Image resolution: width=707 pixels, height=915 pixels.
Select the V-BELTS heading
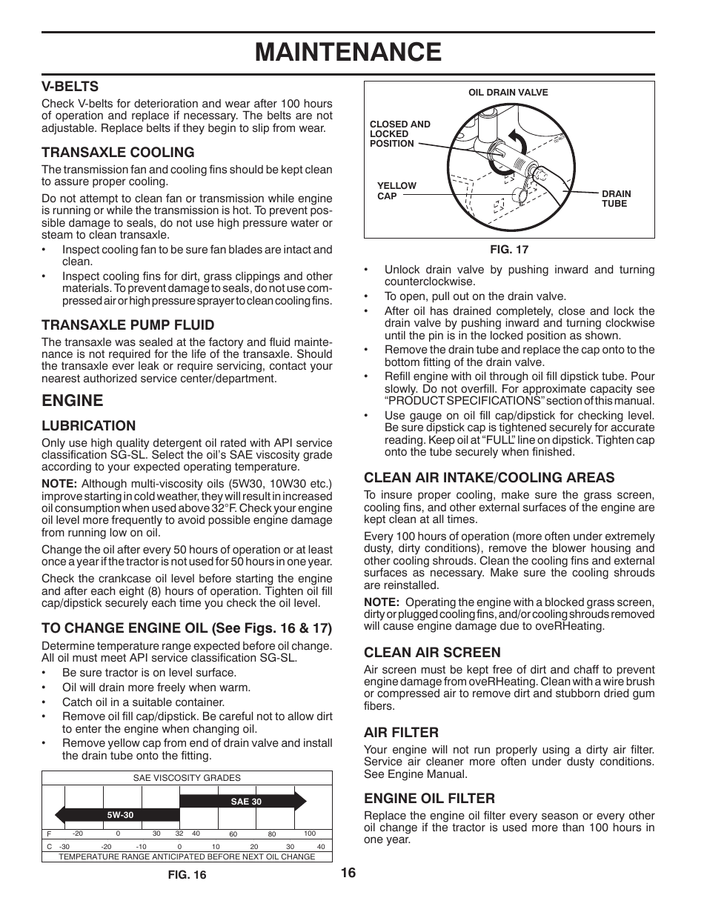tap(70, 87)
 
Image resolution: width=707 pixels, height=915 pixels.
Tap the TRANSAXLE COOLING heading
tap(117, 153)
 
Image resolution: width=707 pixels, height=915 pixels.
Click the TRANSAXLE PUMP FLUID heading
tap(127, 325)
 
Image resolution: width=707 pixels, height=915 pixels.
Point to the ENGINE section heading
tap(72, 401)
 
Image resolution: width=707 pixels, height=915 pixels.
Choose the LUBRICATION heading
tap(88, 426)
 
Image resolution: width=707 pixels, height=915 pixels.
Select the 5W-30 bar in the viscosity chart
tap(121, 815)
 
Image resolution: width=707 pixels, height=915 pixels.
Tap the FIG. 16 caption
tap(187, 875)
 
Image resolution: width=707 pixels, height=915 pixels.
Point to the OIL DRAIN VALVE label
tap(508, 93)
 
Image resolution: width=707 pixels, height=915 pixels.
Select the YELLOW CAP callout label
tap(396, 191)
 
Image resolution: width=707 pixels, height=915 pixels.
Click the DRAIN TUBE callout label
tap(616, 199)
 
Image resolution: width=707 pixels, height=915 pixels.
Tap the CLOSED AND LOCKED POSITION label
tap(399, 134)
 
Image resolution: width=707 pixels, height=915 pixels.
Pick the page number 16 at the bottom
tap(348, 873)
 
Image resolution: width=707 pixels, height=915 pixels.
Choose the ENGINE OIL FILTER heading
tap(429, 799)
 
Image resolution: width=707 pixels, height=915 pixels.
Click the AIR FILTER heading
tap(401, 733)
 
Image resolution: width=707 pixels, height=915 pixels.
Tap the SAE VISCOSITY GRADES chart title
tap(187, 779)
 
